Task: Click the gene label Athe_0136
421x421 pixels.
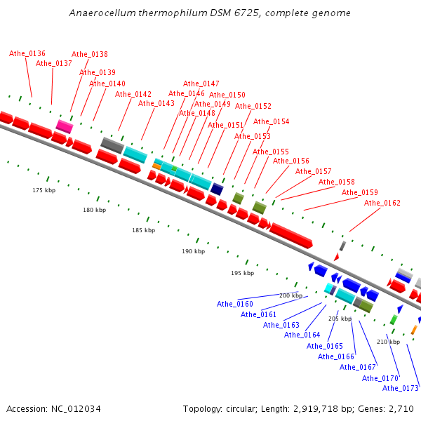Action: [x=27, y=53]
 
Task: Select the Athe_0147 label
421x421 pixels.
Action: [x=201, y=83]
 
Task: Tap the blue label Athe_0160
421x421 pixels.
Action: [x=234, y=304]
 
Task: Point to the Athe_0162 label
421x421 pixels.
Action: [x=382, y=203]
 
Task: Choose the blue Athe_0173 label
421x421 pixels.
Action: [x=401, y=388]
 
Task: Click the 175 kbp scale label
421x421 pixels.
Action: [x=44, y=190]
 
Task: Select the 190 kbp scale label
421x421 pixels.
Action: [x=194, y=251]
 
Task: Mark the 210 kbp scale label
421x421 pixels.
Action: [x=388, y=342]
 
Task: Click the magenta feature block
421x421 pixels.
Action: [x=65, y=126]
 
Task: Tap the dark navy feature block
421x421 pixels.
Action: [x=217, y=189]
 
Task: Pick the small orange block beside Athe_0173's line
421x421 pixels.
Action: [x=414, y=330]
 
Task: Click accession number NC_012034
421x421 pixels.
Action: [x=76, y=408]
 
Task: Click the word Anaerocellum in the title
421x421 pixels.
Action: [x=102, y=13]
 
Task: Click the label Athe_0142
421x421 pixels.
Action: [x=133, y=94]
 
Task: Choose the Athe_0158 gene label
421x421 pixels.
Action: [x=336, y=182]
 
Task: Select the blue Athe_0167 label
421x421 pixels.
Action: [x=357, y=367]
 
